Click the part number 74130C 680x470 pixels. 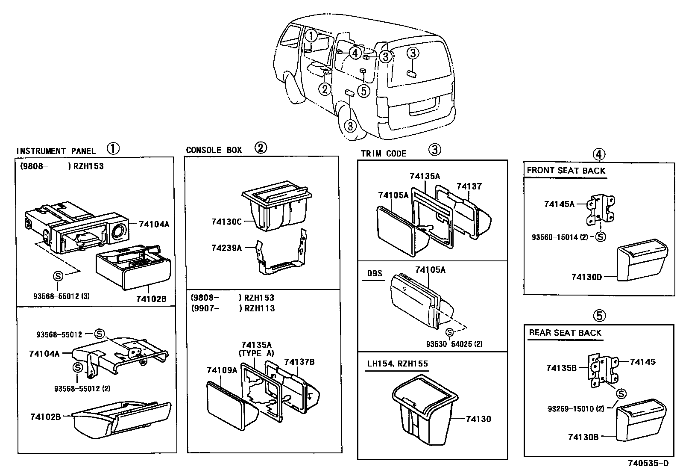tap(226, 222)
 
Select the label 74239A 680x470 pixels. tap(226, 248)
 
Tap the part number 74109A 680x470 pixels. tap(222, 370)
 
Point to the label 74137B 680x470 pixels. tap(299, 362)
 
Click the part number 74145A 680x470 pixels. tap(559, 204)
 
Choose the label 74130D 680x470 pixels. tap(586, 277)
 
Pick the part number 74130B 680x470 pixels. tap(583, 437)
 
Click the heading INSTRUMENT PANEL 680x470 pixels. tap(56, 151)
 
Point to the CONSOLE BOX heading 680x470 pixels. tap(214, 150)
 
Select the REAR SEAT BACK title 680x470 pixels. tap(565, 333)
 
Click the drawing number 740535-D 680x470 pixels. tap(648, 463)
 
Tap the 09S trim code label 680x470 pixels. tap(375, 273)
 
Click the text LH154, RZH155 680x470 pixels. tap(397, 364)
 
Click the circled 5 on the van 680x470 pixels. tap(363, 91)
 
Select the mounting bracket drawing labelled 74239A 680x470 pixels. tap(282, 257)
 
